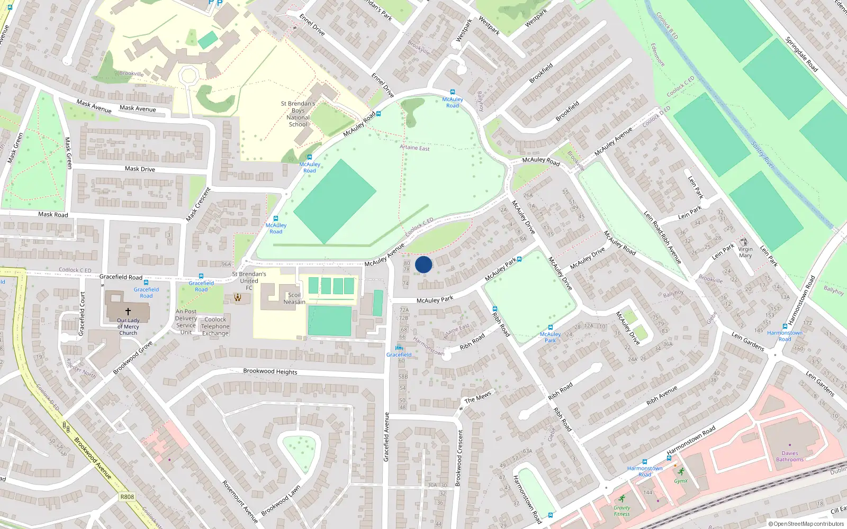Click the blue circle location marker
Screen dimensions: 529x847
coord(424,264)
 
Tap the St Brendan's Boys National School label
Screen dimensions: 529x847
coord(298,114)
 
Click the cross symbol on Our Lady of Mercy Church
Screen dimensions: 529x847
coord(128,312)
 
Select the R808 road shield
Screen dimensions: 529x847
coord(127,497)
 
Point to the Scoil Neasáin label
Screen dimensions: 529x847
coord(294,299)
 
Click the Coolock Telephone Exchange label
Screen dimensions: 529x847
coord(215,326)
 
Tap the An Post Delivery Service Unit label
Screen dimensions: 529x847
coord(186,322)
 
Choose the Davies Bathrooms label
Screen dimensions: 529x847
coord(789,457)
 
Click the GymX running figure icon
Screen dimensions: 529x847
coord(681,471)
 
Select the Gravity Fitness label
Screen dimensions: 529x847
coord(622,510)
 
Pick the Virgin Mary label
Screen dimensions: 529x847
coord(745,252)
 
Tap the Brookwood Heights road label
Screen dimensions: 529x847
coord(270,371)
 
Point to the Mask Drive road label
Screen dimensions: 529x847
coord(140,169)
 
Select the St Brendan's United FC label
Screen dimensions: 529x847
coord(249,281)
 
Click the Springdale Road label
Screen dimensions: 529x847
coord(801,54)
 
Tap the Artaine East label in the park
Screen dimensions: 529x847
coord(415,148)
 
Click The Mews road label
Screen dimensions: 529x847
coord(477,398)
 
